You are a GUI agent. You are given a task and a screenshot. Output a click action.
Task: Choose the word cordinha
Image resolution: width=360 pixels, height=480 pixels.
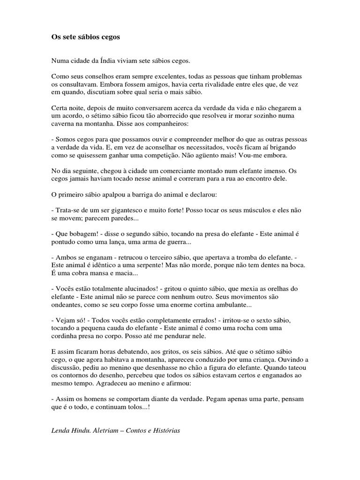[65, 337]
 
